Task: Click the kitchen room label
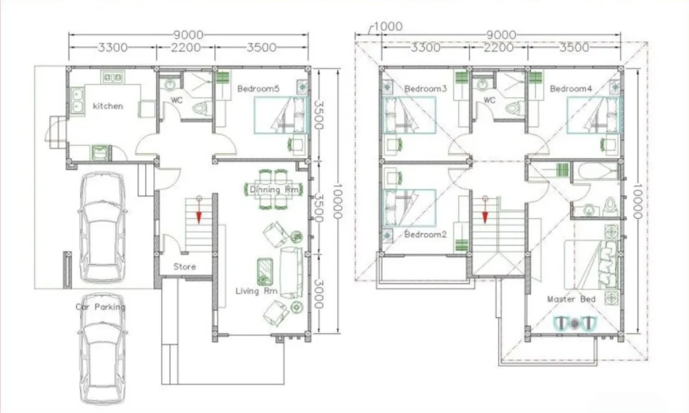[108, 106]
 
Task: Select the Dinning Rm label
[274, 189]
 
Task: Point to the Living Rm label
[257, 291]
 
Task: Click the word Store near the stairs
[184, 267]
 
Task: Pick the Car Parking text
[100, 307]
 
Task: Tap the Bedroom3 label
[425, 89]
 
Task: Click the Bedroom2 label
[425, 234]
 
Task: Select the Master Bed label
[571, 299]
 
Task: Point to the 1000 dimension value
[388, 27]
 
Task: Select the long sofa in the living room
[290, 273]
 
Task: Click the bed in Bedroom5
[281, 115]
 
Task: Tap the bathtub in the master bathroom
[595, 171]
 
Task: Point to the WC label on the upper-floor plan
[489, 101]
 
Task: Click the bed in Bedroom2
[410, 206]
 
